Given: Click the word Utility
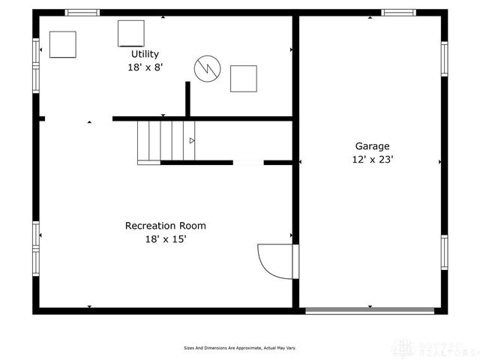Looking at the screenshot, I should click(145, 54).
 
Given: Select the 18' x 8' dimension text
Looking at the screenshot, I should click(145, 67).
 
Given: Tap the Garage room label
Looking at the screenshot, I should click(372, 146).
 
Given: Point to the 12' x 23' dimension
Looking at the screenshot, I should click(373, 159).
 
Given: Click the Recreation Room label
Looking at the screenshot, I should click(165, 225).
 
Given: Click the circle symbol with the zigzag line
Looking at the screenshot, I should click(206, 69).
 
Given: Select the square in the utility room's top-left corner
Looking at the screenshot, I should click(63, 44).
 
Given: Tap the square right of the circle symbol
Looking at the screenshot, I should click(243, 78).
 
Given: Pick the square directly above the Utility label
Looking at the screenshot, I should click(130, 32).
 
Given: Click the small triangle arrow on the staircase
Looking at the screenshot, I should click(192, 140).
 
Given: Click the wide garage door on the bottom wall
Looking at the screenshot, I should click(370, 310).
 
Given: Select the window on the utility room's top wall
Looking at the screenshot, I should click(82, 13).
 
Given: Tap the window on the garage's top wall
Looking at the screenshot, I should click(398, 13).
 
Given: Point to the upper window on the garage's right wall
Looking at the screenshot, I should click(444, 58).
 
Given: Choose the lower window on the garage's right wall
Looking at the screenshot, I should click(444, 253).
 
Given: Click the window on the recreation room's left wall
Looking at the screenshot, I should click(36, 247).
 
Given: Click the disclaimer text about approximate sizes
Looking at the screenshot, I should click(240, 348).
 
